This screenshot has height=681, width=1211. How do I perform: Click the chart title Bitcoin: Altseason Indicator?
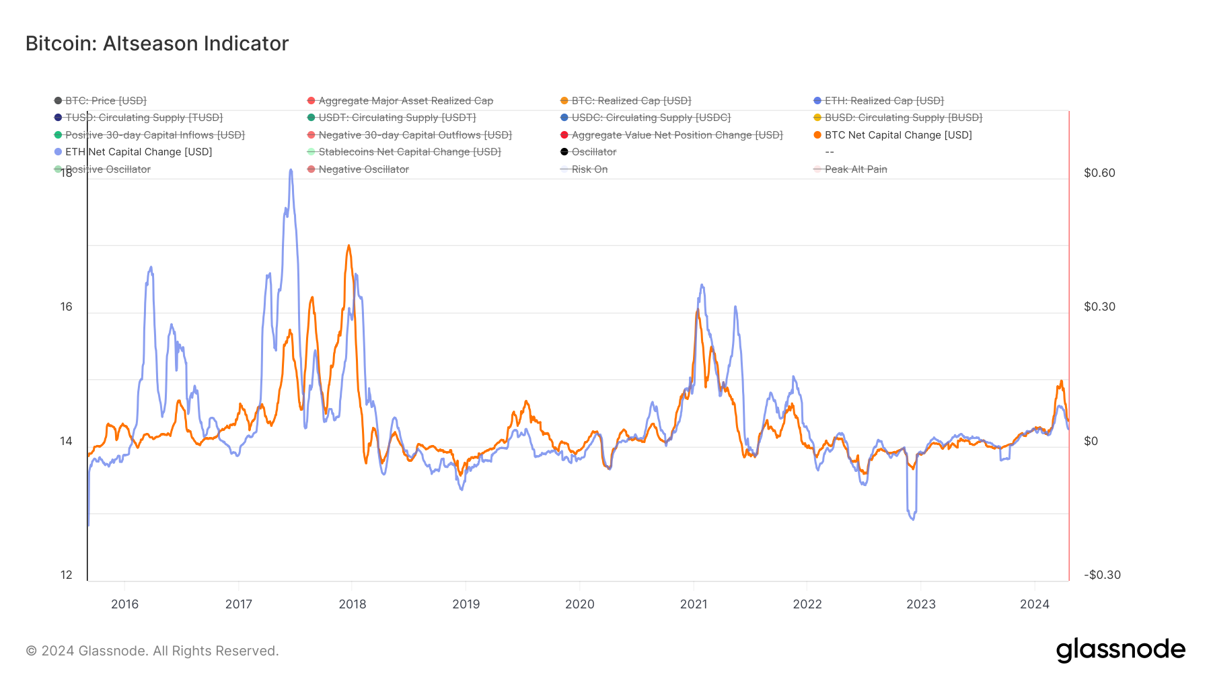click(157, 44)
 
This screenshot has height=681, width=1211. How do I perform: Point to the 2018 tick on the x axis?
click(353, 604)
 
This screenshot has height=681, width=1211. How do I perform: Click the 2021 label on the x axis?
click(694, 604)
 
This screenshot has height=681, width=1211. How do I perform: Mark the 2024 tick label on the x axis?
click(1035, 604)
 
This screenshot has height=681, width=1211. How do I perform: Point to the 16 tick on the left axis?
click(66, 307)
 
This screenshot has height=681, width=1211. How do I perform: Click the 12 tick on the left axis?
click(66, 575)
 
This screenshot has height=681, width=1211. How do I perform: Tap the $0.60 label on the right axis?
click(1099, 173)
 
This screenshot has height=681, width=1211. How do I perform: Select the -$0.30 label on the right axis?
click(1102, 575)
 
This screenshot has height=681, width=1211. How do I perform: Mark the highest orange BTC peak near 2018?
click(348, 246)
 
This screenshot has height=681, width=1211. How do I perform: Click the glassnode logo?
click(1120, 650)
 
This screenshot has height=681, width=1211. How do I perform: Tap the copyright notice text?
click(152, 651)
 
